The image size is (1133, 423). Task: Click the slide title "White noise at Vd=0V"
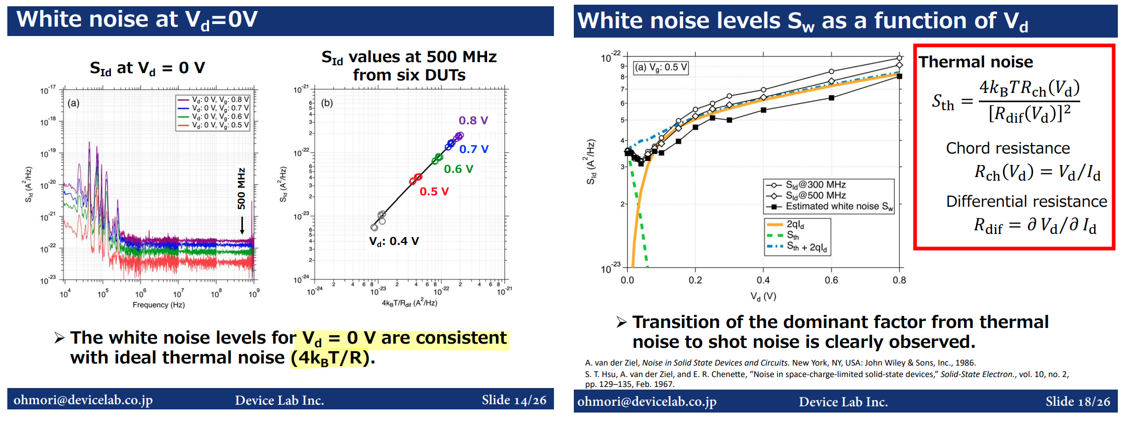coord(137,20)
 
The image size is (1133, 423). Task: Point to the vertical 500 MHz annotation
coord(241,189)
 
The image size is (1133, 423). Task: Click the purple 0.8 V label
coord(473,121)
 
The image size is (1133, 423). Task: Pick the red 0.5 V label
coord(434,192)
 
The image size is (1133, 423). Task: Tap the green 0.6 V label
coord(458,169)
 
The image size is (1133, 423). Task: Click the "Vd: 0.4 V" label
coord(394,241)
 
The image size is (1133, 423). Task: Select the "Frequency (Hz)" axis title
coord(158,305)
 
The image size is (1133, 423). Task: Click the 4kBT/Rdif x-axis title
coord(409,303)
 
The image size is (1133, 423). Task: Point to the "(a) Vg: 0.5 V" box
coord(661,67)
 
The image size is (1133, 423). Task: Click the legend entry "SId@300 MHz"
coord(815,185)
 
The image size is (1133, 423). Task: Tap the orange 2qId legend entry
coord(795,225)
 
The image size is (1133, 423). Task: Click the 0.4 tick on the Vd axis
coord(763,280)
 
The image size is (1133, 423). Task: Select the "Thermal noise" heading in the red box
coord(976,62)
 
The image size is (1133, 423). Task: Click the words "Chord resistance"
coord(1008,148)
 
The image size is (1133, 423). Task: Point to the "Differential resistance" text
coord(1026,202)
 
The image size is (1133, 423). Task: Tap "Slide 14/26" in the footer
coord(514,401)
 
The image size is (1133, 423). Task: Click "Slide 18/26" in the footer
coord(1078,402)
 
